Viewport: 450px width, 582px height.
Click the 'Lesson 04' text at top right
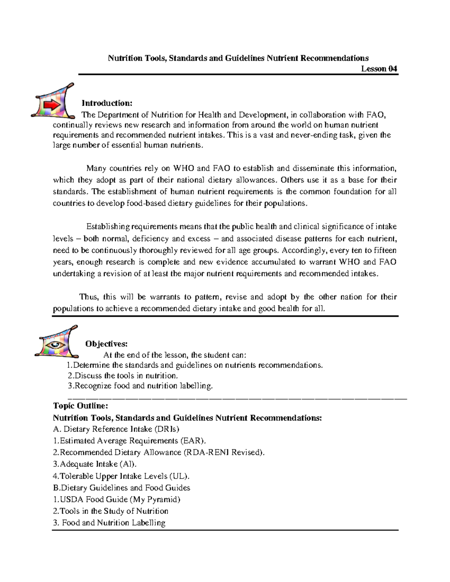click(x=379, y=69)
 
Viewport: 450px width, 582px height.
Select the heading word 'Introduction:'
click(x=107, y=103)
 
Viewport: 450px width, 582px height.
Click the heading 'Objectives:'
click(x=106, y=344)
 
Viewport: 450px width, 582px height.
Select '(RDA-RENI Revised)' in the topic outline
click(x=224, y=452)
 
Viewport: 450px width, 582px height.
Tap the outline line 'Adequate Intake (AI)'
click(x=95, y=464)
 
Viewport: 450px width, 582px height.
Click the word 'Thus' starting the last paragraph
click(x=88, y=297)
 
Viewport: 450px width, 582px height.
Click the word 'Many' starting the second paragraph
click(x=96, y=168)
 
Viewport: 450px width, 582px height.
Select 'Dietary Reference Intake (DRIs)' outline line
click(x=116, y=429)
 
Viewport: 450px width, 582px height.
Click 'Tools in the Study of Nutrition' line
click(x=111, y=511)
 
